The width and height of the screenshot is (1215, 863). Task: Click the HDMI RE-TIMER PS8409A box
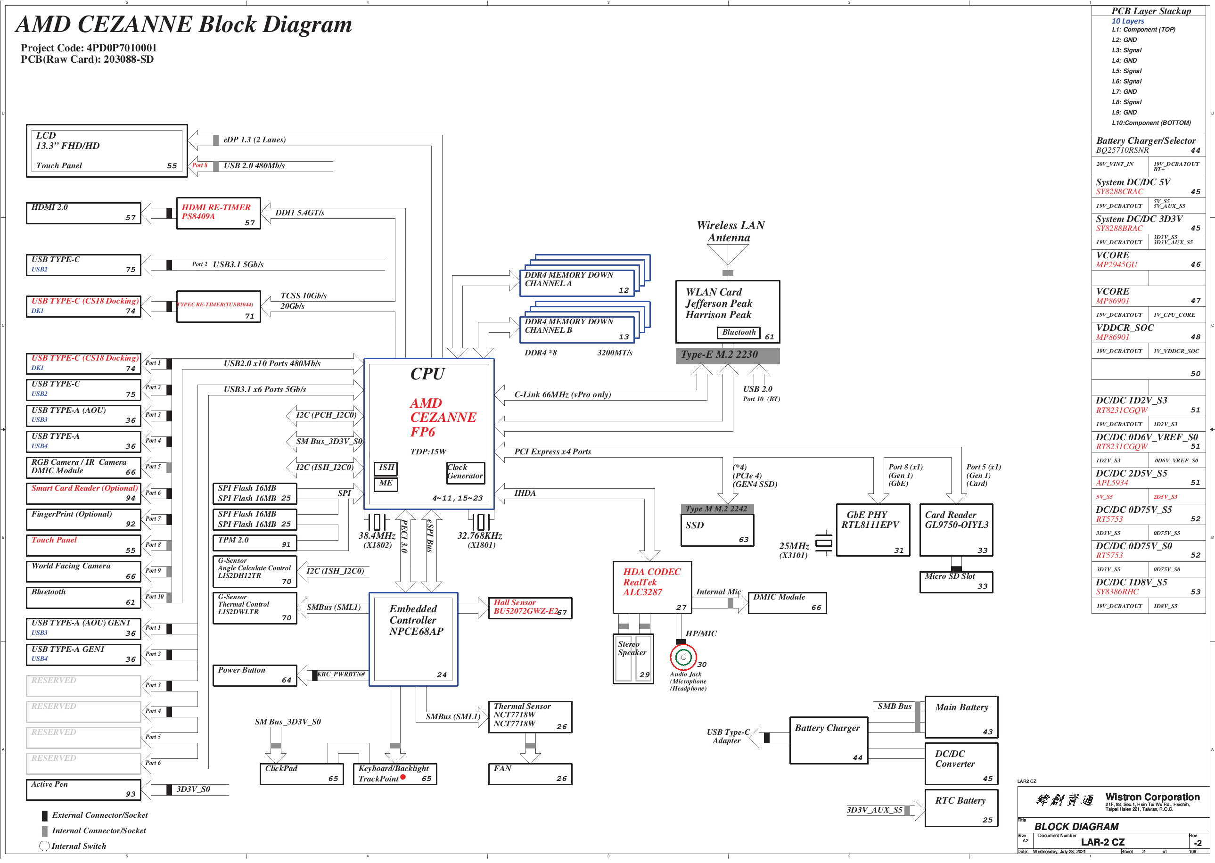[x=218, y=213]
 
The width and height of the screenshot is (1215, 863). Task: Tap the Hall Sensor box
[x=530, y=608]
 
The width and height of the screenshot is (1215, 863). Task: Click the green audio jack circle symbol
[x=683, y=658]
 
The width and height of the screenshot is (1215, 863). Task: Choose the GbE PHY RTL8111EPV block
[x=873, y=530]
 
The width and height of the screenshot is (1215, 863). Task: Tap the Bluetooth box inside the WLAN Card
[x=739, y=333]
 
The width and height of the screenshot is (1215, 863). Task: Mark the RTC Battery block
[x=961, y=808]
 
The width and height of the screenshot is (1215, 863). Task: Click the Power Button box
[x=254, y=675]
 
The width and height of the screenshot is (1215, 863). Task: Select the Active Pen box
[x=83, y=789]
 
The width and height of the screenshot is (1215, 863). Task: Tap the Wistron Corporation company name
[x=1152, y=797]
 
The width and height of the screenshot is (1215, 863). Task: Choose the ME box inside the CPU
[x=386, y=484]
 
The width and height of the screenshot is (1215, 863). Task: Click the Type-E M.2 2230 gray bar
[x=727, y=355]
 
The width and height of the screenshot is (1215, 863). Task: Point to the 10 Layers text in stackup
[x=1128, y=21]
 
